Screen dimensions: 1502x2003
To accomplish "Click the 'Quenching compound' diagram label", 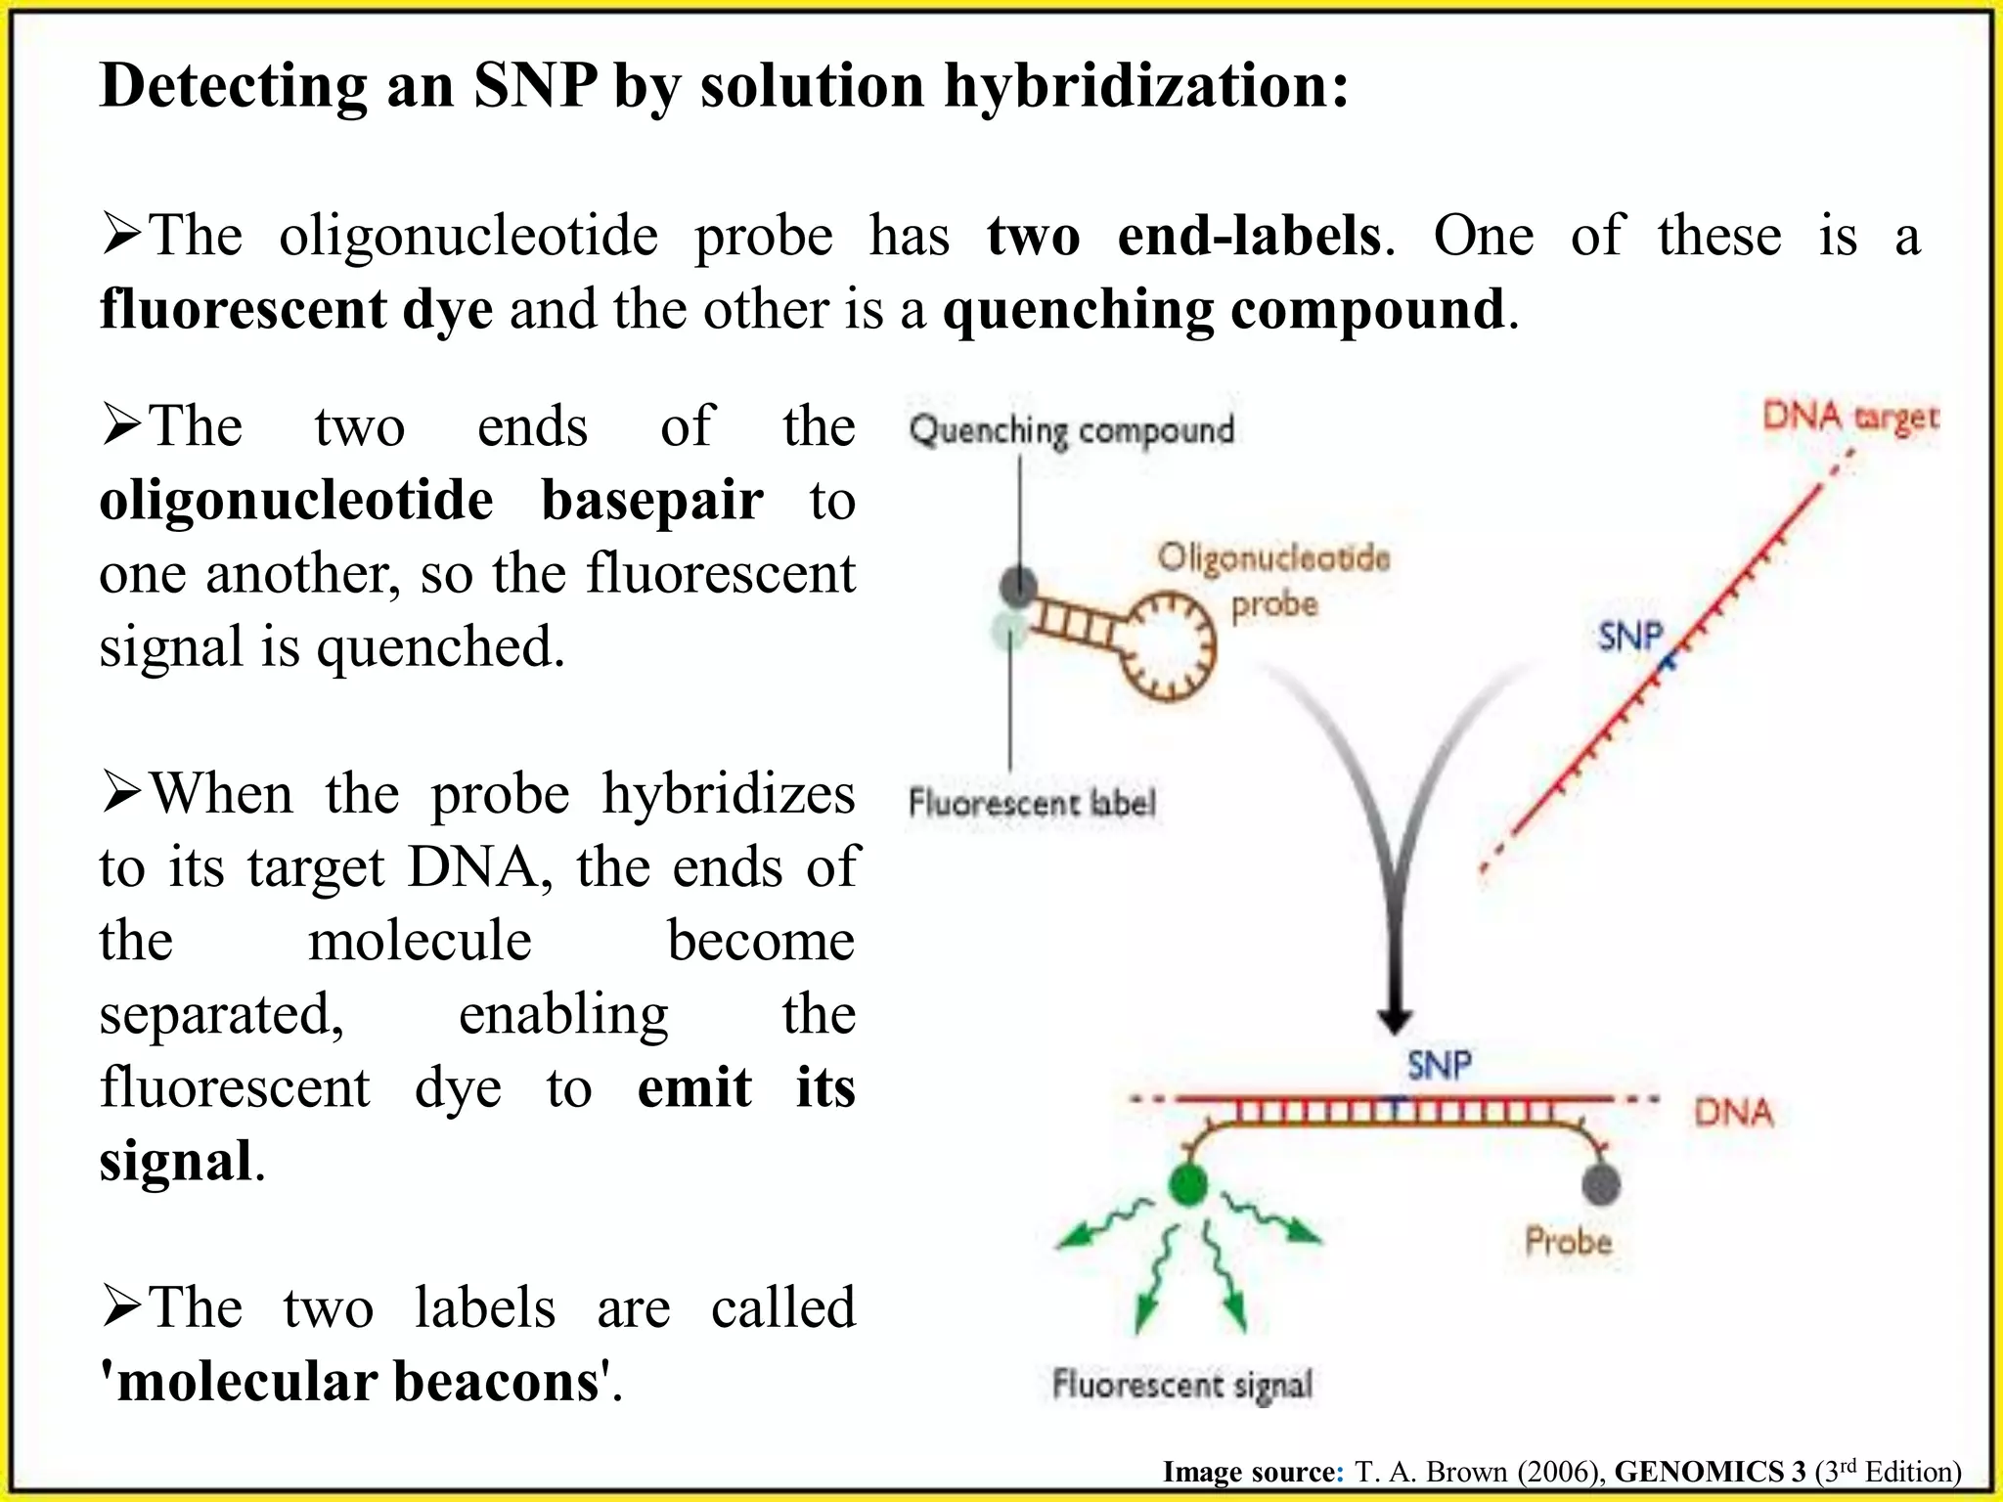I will (1071, 430).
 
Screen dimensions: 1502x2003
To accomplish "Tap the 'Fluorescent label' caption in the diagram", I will (1031, 803).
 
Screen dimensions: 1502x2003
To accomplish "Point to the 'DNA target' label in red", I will (1849, 418).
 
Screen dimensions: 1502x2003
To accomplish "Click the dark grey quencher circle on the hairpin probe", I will (1018, 587).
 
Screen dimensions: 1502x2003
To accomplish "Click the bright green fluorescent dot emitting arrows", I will (1187, 1185).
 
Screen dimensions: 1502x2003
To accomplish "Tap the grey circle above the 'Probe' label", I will (1600, 1185).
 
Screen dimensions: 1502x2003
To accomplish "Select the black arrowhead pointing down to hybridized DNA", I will (1394, 1021).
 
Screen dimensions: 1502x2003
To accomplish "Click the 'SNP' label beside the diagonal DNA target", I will (1630, 637).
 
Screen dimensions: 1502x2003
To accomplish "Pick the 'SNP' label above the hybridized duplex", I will (1439, 1065).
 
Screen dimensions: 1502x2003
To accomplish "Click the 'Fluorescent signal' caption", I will (1181, 1385).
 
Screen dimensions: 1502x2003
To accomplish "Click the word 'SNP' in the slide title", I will (535, 85).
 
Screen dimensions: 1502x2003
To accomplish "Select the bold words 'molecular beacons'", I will (357, 1382).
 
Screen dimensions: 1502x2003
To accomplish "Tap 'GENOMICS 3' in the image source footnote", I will (1710, 1472).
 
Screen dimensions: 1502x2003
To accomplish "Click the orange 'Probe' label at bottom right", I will (1568, 1242).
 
